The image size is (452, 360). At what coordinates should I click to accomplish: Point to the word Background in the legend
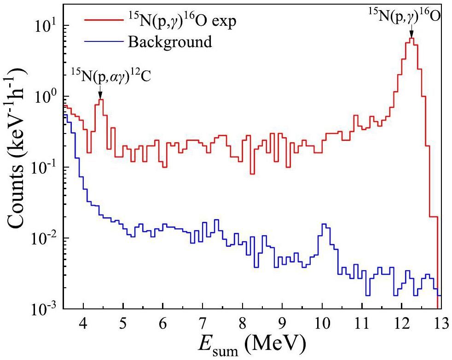coord(170,42)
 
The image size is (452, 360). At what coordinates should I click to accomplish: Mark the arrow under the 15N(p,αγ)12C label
coord(100,93)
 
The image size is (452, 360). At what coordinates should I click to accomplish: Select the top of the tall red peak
coord(411,39)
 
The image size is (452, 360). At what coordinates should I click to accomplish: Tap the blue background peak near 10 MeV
coord(324,225)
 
